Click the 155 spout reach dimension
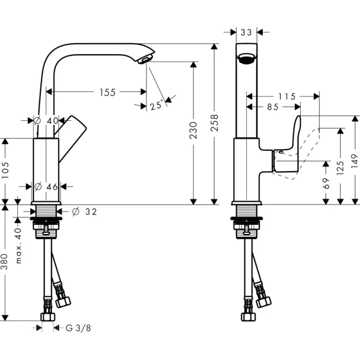click(107, 92)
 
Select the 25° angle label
click(156, 105)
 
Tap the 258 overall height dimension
click(215, 124)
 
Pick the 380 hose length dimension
click(6, 263)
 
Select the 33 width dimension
click(246, 32)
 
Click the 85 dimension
click(273, 107)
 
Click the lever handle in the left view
click(73, 134)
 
